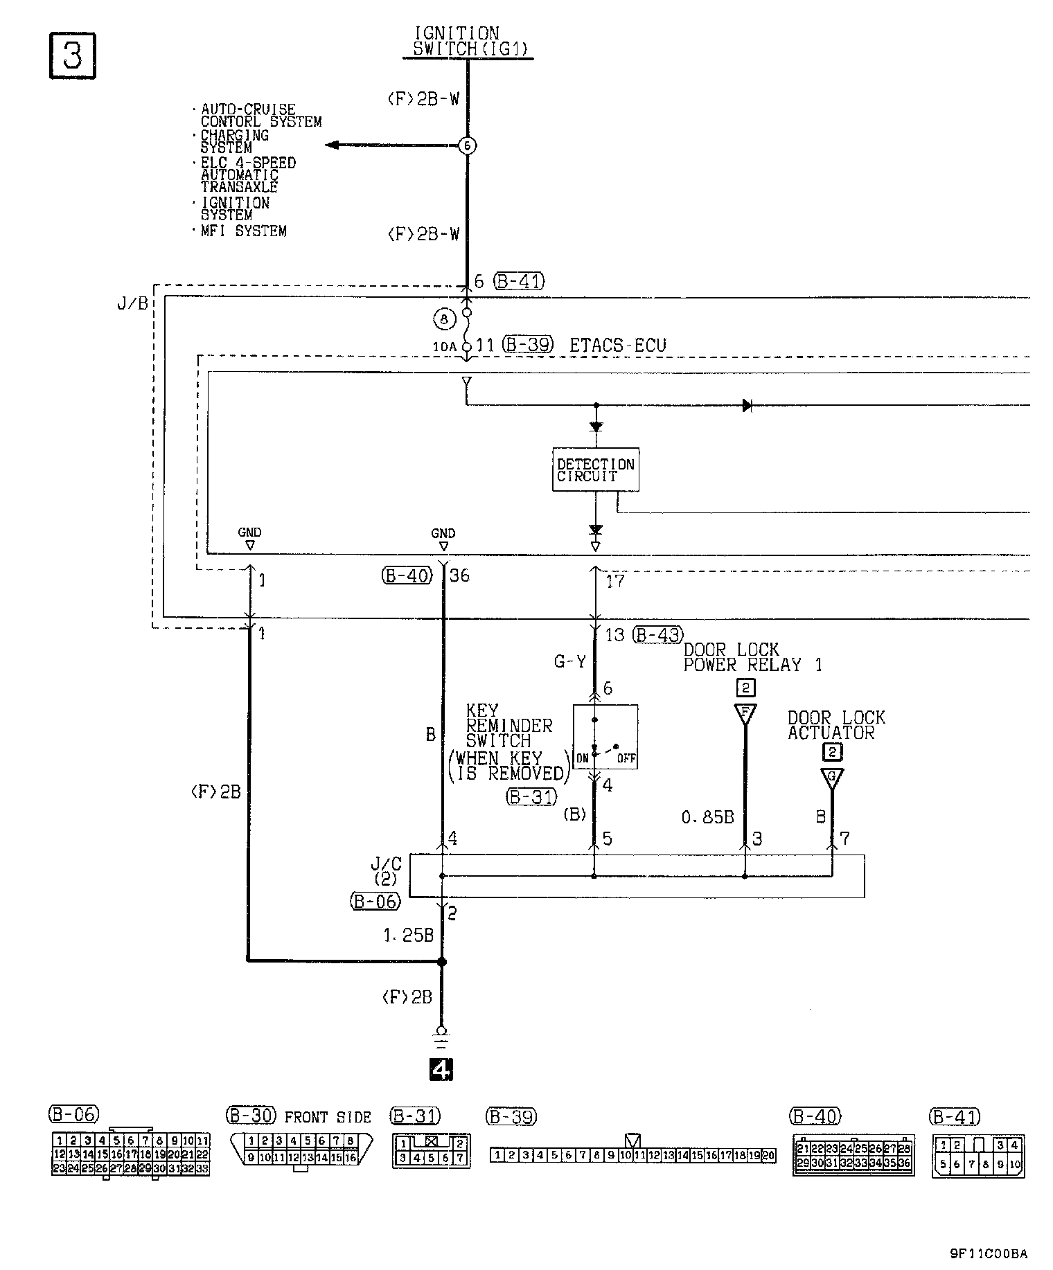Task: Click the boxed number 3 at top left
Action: coord(72,55)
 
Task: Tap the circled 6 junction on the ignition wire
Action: coord(468,146)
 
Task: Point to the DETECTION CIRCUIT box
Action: coord(595,469)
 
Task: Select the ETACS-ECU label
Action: coord(617,345)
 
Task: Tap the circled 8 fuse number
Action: coord(444,319)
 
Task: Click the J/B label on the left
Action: coord(133,303)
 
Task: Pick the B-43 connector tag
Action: coord(658,634)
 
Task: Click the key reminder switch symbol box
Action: coord(605,737)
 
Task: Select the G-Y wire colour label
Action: coord(569,662)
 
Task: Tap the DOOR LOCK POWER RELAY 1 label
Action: coord(752,657)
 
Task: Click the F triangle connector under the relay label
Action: coord(745,713)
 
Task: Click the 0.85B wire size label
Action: coord(707,818)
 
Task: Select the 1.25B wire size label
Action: coord(408,936)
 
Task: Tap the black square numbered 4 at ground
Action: coord(441,1071)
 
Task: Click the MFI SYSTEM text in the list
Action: coord(243,231)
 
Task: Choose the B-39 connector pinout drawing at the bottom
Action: coord(632,1154)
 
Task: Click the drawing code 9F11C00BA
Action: coord(989,1253)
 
